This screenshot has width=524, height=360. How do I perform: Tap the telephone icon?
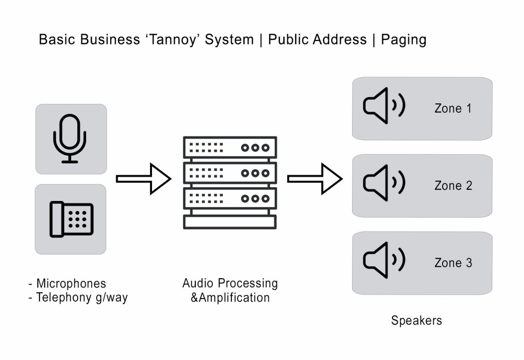(x=71, y=219)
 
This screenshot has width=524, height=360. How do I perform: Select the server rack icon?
(x=230, y=182)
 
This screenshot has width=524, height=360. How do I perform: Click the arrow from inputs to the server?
(x=144, y=178)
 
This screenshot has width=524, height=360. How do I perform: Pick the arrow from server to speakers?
(x=315, y=178)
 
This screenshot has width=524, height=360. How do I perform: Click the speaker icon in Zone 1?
(x=383, y=106)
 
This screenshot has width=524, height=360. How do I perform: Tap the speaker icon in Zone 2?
(x=383, y=183)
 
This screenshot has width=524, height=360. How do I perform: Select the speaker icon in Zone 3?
(x=383, y=260)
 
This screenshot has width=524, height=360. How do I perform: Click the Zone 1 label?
(x=453, y=108)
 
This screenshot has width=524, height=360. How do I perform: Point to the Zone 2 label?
(x=453, y=186)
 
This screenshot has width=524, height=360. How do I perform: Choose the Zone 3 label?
(x=453, y=263)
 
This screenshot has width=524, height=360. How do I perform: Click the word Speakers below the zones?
(x=417, y=321)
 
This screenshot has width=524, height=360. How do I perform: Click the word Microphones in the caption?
(x=71, y=283)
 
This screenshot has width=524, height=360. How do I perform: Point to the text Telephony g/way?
(x=82, y=298)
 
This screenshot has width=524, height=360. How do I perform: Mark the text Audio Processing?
(x=230, y=283)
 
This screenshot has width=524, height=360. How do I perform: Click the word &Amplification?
(x=230, y=297)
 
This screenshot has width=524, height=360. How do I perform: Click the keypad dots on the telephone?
(x=78, y=218)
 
